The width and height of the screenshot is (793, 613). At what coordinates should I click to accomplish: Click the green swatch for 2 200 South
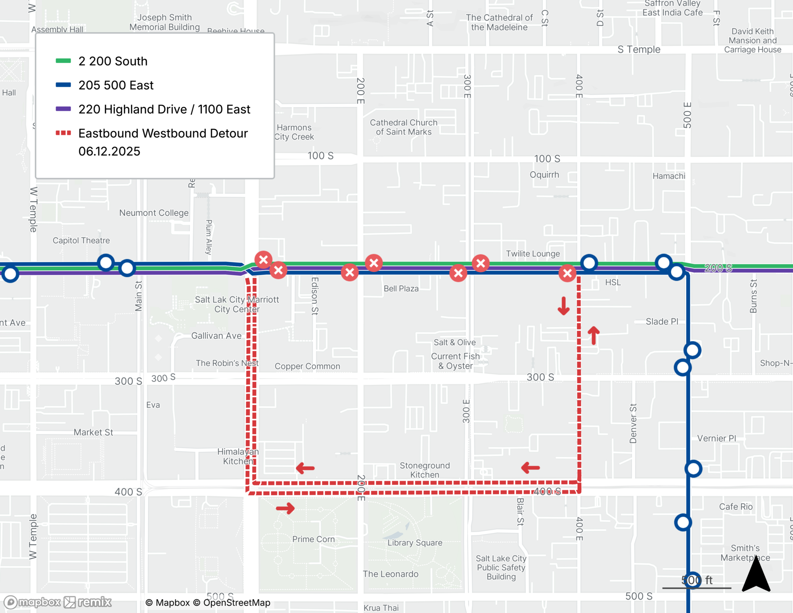[x=63, y=61]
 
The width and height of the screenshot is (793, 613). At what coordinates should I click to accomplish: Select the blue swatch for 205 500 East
[x=63, y=85]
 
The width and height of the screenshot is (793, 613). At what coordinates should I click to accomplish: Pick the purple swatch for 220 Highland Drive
[x=63, y=109]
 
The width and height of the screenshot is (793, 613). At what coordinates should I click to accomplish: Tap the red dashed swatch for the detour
[x=63, y=133]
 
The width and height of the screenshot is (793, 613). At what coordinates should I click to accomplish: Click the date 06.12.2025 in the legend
[x=109, y=151]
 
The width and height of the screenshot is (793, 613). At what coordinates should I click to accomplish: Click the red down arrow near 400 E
[x=563, y=306]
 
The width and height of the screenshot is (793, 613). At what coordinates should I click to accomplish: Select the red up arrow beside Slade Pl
[x=594, y=335]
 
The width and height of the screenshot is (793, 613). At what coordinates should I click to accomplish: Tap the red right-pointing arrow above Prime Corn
[x=285, y=508]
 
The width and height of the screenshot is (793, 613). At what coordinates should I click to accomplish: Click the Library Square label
[x=415, y=542]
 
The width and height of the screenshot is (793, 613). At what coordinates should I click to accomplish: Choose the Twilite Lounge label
[x=532, y=254]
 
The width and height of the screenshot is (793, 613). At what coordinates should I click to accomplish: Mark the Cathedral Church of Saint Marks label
[x=404, y=127]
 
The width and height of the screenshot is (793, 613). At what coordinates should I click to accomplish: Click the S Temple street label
[x=639, y=50]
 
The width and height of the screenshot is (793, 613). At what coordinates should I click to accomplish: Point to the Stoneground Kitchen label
[x=425, y=470]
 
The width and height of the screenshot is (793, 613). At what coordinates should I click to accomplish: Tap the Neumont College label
[x=154, y=213]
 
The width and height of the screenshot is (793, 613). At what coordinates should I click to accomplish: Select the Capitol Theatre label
[x=81, y=240]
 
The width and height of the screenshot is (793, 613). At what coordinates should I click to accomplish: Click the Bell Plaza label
[x=401, y=288]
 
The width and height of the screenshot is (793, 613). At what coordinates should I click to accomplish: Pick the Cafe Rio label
[x=736, y=507]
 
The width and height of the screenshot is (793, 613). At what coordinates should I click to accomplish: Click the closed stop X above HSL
[x=567, y=273]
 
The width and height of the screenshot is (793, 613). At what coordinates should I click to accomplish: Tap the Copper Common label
[x=307, y=366]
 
